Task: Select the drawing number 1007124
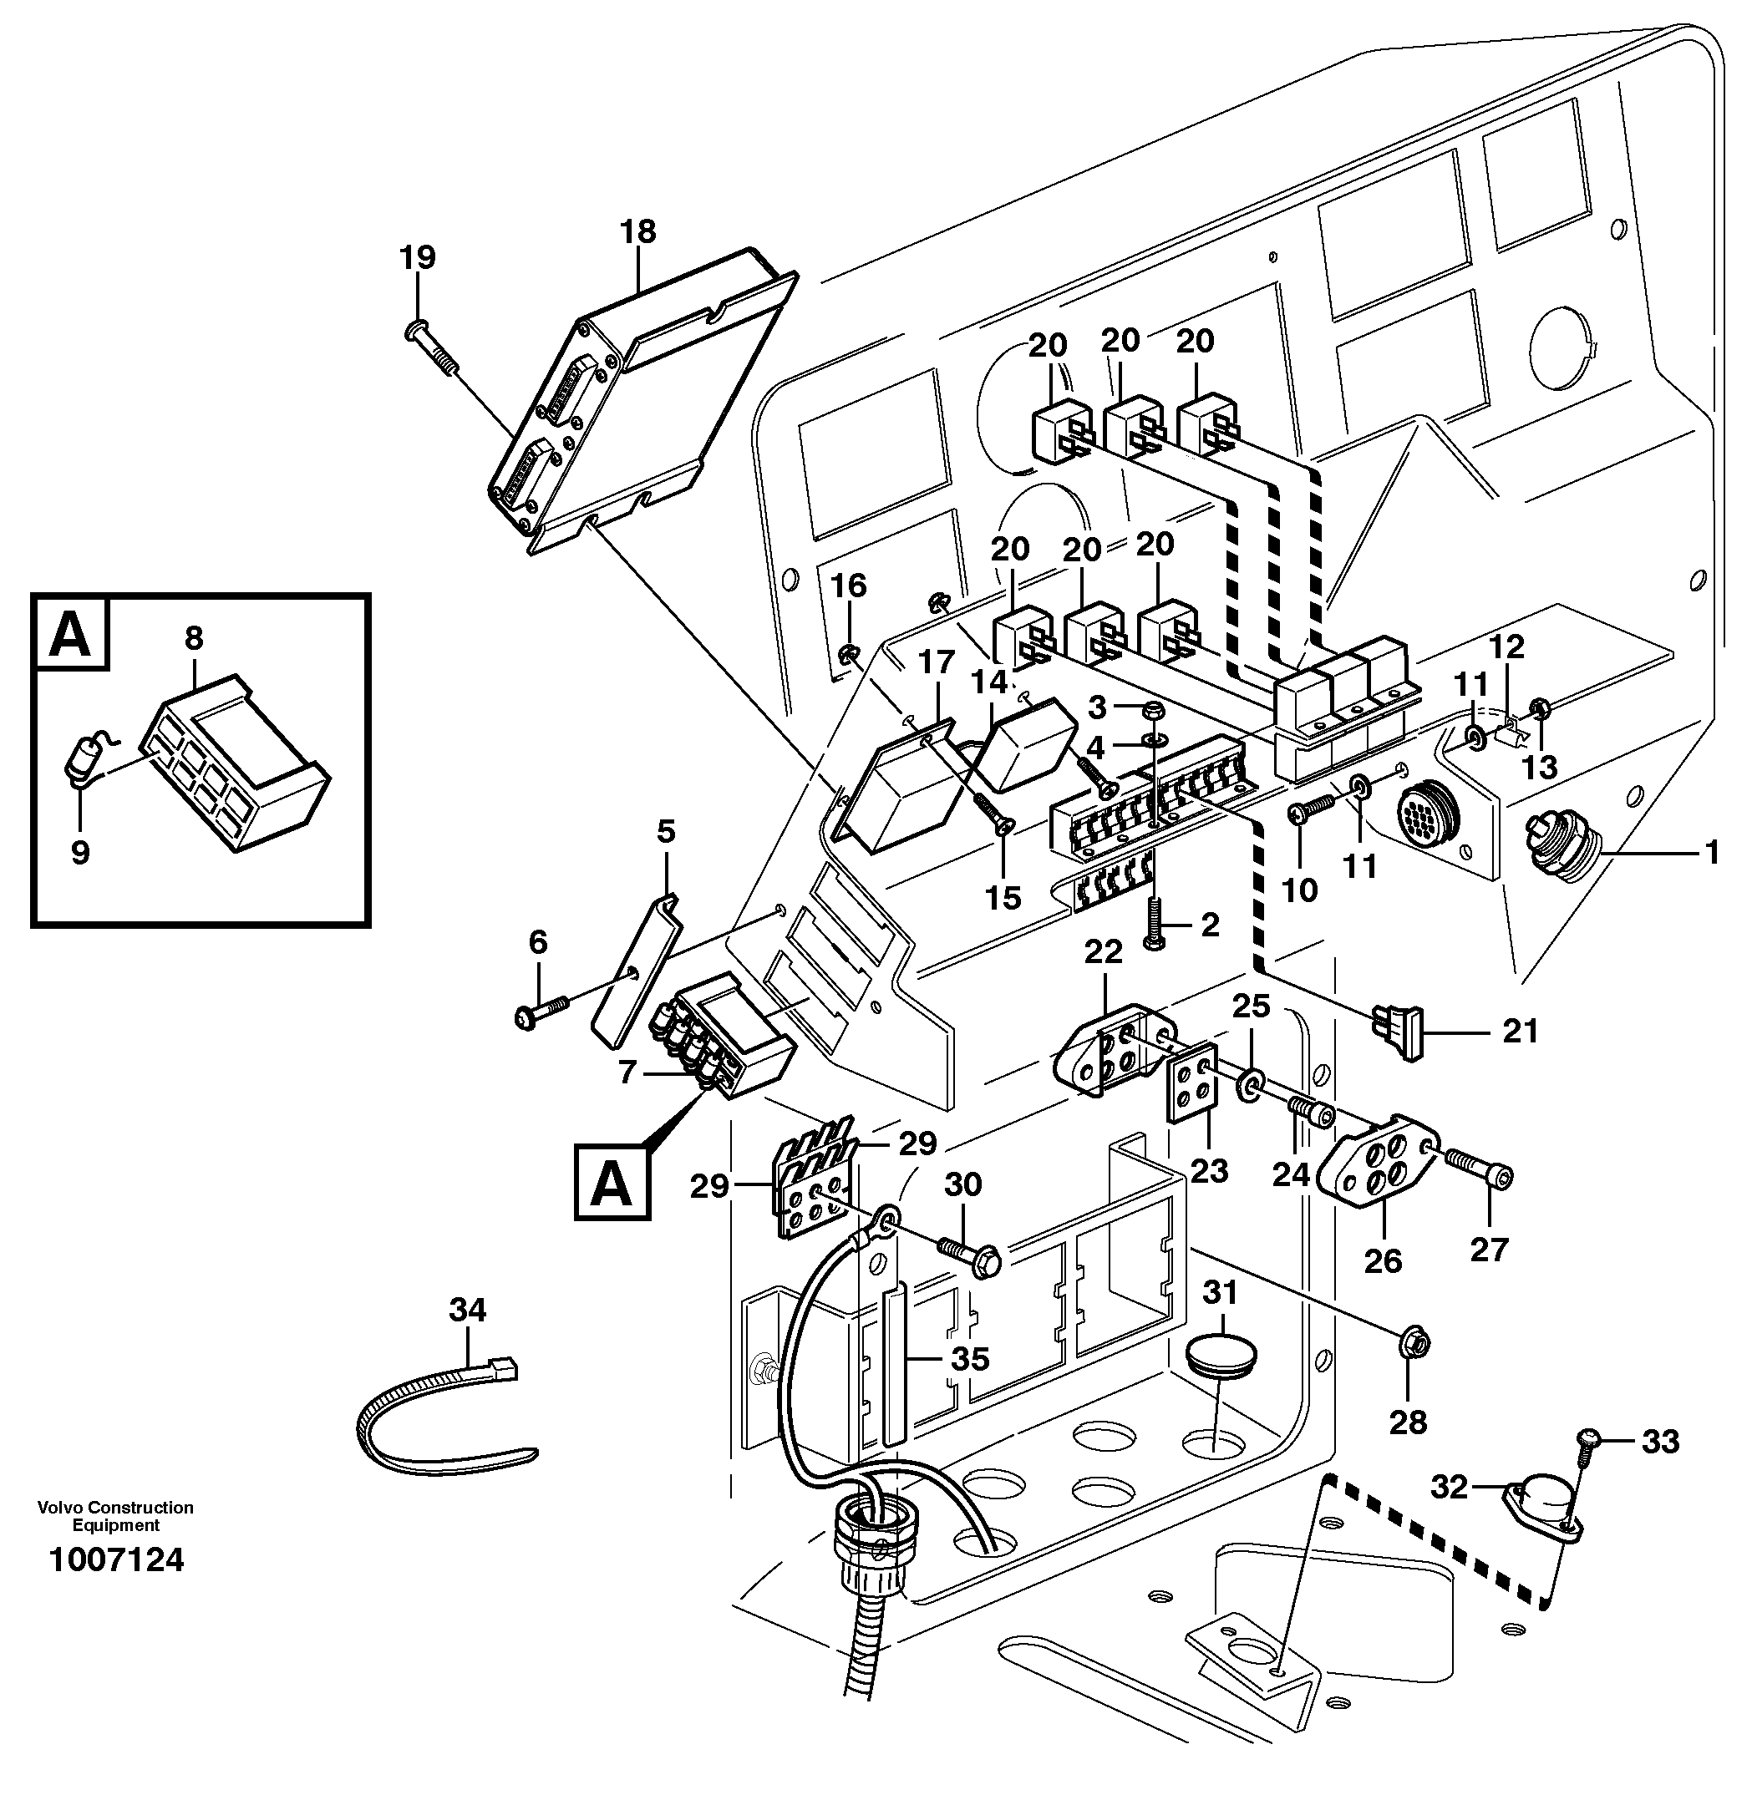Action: (116, 1559)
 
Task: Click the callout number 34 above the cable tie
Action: (466, 1309)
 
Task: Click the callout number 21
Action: (1519, 1032)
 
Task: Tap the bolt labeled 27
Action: (1478, 1166)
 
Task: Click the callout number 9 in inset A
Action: (80, 852)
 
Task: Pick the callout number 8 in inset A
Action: (193, 637)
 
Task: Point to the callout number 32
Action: (1449, 1487)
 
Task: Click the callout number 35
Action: (969, 1358)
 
